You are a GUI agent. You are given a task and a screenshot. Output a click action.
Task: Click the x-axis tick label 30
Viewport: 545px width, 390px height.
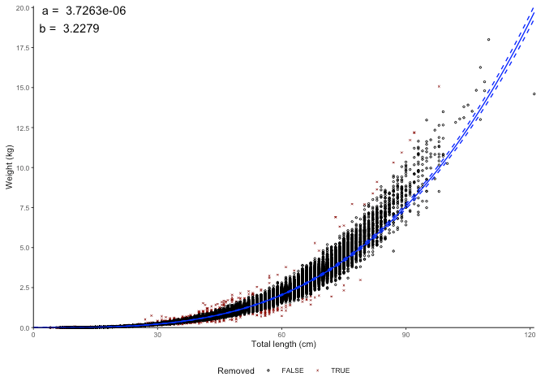(x=157, y=334)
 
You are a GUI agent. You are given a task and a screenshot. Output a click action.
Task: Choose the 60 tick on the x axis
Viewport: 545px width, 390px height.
(x=281, y=334)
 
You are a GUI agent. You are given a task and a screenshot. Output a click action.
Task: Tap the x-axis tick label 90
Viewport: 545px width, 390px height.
(x=406, y=334)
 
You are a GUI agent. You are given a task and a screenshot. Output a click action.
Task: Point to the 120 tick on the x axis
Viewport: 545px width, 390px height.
(x=530, y=334)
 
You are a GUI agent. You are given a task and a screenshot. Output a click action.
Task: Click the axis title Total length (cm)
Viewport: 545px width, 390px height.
(x=283, y=344)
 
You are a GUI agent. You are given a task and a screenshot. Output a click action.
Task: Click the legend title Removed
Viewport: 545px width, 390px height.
(x=236, y=371)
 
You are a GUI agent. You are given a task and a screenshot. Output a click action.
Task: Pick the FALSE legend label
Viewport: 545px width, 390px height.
(x=293, y=371)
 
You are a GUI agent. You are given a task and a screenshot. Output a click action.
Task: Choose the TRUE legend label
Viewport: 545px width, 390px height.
(x=341, y=371)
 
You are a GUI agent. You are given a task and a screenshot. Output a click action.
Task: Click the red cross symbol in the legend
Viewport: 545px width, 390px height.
(x=317, y=371)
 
